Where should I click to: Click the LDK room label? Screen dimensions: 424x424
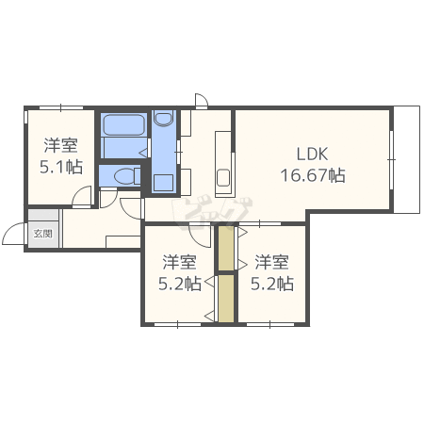pos(312,154)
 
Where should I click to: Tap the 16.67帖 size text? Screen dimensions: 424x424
pos(313,175)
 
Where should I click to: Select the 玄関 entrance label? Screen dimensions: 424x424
pos(43,234)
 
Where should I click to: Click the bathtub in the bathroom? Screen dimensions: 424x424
pos(123,124)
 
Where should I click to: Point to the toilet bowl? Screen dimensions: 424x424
pos(124,176)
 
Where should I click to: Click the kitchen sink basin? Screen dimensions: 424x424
pos(223,177)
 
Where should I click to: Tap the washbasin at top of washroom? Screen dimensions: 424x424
pos(164,118)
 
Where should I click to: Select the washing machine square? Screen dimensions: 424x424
pos(163,183)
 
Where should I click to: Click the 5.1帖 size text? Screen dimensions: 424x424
pos(61,167)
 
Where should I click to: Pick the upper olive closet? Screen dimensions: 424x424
pos(226,248)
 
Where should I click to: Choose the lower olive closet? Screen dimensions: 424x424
pos(226,299)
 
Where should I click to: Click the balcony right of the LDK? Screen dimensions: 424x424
pos(407,160)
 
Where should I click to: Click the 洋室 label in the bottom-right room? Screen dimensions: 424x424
pos(272,263)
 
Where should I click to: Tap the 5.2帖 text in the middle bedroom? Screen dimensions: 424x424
pos(180,284)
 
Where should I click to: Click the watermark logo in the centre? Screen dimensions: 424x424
pos(211,210)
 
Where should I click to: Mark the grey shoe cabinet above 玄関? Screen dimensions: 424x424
pos(43,215)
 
